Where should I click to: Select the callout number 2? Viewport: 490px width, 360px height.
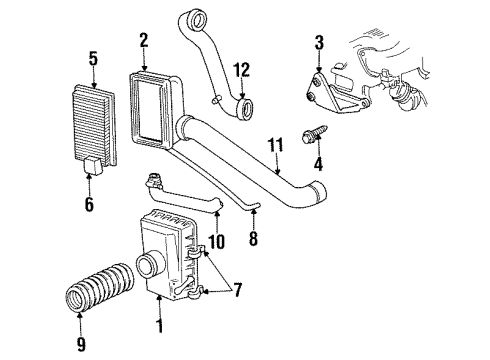pyautogui.click(x=144, y=40)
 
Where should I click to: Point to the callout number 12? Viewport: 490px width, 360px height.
pyautogui.click(x=239, y=69)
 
